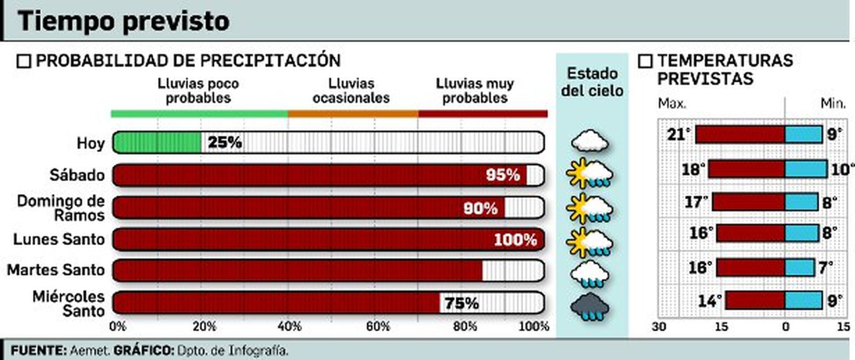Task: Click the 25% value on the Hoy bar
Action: [x=224, y=143]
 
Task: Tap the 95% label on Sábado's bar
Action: [x=502, y=175]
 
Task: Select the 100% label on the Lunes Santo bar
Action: [x=515, y=239]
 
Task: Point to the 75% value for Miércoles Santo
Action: [x=462, y=303]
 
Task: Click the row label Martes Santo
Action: [x=56, y=270]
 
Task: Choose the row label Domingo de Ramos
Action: [x=60, y=208]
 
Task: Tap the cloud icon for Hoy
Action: [x=589, y=142]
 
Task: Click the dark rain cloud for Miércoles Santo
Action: [x=589, y=309]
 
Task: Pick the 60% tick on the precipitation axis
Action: [x=378, y=326]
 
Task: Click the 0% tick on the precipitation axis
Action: [x=117, y=326]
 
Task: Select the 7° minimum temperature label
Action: [x=826, y=267]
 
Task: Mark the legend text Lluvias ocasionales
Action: [x=351, y=91]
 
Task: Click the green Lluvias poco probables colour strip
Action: [x=199, y=114]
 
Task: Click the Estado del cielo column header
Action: [x=592, y=82]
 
